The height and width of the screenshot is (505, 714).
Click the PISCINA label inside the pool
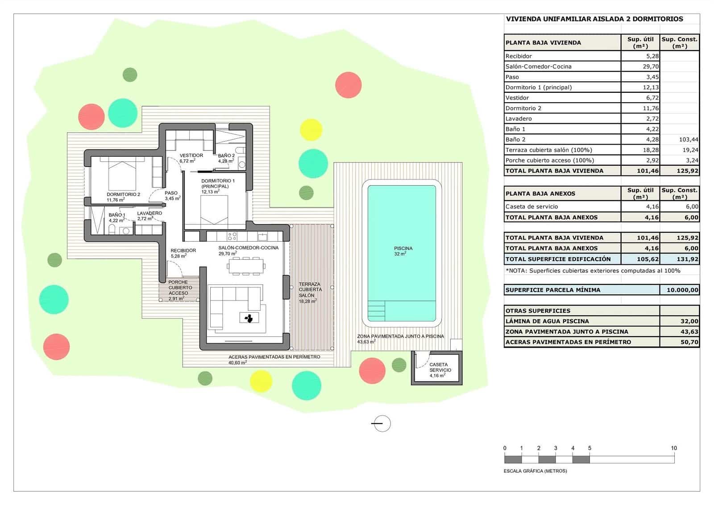click(403, 248)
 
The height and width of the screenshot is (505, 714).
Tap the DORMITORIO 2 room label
click(123, 194)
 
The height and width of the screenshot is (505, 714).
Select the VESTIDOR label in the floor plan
click(191, 155)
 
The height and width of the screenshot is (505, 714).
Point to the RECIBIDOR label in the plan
click(183, 250)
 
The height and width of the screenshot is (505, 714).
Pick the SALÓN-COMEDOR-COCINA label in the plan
click(248, 247)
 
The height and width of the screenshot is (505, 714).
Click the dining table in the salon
click(246, 266)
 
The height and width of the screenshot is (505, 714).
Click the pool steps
click(377, 311)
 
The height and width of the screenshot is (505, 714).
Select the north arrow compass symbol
click(382, 424)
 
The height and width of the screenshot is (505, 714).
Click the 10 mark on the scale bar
click(674, 448)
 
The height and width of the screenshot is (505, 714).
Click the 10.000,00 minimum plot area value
click(682, 290)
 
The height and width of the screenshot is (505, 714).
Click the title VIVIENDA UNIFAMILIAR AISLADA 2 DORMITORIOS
click(594, 19)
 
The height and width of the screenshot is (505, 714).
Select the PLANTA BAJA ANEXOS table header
click(540, 194)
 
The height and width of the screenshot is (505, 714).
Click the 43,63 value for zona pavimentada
click(689, 332)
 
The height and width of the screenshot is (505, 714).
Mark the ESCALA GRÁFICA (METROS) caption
click(535, 471)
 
